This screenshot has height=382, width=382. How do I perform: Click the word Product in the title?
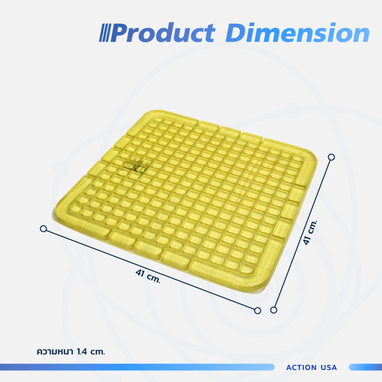click(163, 33)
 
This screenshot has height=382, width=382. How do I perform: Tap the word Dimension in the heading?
click(297, 33)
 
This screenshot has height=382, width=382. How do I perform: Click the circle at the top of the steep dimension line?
click(331, 157)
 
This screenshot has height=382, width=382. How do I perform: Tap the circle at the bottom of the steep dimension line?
click(274, 310)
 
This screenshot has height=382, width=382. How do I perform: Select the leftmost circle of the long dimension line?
click(43, 228)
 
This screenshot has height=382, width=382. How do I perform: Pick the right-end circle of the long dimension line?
click(257, 310)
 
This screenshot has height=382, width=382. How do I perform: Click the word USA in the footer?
click(329, 367)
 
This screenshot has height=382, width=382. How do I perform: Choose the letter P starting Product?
click(119, 34)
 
